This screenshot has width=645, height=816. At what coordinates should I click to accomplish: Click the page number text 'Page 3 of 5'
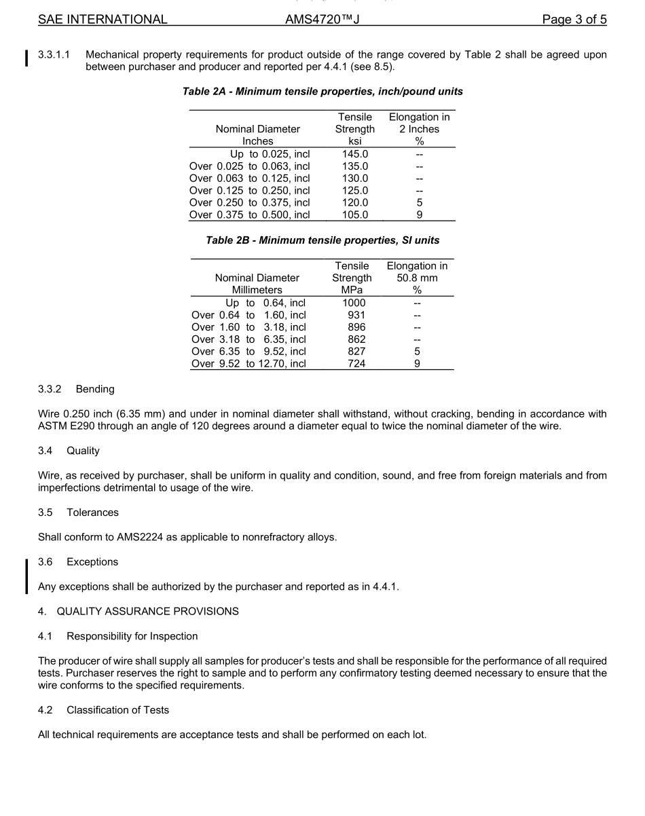574,20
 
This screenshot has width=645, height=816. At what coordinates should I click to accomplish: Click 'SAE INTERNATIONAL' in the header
103,20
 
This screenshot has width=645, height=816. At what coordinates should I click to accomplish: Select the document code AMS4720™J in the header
322,20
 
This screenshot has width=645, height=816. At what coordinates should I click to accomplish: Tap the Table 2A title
322,91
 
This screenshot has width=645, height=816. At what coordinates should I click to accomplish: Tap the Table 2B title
322,240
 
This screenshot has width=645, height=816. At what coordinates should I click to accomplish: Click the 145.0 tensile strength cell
354,154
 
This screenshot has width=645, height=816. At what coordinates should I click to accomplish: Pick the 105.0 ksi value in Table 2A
354,215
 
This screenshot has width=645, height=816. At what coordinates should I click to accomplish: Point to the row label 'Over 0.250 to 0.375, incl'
249,202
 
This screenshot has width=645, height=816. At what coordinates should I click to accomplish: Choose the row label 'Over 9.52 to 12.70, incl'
248,363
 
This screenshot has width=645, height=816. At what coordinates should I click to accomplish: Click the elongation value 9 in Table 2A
420,215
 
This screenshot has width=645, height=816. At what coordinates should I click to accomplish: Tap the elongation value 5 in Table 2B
417,351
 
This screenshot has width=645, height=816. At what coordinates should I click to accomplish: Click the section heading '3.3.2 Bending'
76,389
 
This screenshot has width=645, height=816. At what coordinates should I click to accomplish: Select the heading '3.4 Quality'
69,451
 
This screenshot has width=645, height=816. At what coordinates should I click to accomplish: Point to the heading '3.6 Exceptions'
78,562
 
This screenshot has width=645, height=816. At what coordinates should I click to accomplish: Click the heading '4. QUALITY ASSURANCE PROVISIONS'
139,611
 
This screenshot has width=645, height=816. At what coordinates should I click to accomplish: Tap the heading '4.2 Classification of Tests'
103,710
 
